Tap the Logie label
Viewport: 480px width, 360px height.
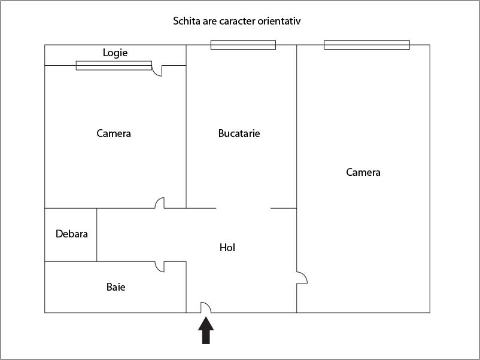pyautogui.click(x=115, y=53)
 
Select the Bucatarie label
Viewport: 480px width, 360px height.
pyautogui.click(x=239, y=133)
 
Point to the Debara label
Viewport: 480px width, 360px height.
pyautogui.click(x=72, y=234)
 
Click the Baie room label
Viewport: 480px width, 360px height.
pyautogui.click(x=116, y=287)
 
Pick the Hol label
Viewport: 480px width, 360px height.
pyautogui.click(x=227, y=248)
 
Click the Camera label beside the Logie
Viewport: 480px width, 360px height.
pyautogui.click(x=114, y=133)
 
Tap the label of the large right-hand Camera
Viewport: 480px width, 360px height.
pyautogui.click(x=363, y=172)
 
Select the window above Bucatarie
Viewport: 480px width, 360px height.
pyautogui.click(x=243, y=45)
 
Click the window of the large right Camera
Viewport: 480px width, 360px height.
pyautogui.click(x=366, y=45)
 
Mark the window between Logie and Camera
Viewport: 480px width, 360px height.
pyautogui.click(x=114, y=65)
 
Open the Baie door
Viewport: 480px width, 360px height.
pyautogui.click(x=160, y=267)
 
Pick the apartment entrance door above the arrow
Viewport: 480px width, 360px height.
pyautogui.click(x=205, y=307)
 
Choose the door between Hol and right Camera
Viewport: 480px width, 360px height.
pyautogui.click(x=302, y=278)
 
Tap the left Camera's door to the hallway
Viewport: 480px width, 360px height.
pyautogui.click(x=160, y=203)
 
